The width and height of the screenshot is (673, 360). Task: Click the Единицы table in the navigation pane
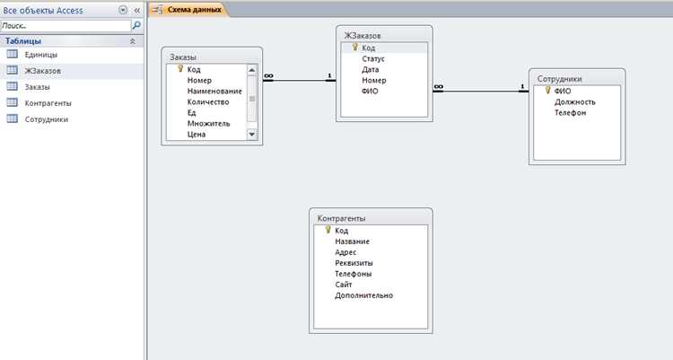pos(40,55)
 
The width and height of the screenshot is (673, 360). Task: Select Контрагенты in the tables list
pos(48,103)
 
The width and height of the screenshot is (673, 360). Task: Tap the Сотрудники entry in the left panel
pos(47,119)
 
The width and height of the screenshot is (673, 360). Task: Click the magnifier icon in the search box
pos(136,25)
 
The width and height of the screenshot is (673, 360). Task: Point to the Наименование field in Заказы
pos(214,91)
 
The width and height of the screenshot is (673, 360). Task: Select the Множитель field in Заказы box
pos(208,123)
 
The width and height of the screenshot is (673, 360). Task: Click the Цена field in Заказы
pos(197,134)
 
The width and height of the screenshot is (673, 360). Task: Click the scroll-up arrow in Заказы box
pos(252,70)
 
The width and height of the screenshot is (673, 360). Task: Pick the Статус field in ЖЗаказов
pos(373,59)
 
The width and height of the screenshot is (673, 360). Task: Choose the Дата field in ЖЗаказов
pos(370,70)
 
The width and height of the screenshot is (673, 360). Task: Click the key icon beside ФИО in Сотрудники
pos(547,90)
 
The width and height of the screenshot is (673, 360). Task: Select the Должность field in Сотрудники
pos(574,101)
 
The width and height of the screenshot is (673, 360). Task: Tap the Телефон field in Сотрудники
pos(570,112)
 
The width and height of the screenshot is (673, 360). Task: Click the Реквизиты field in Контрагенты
pos(354,263)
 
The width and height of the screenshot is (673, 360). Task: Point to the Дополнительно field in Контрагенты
pos(363,295)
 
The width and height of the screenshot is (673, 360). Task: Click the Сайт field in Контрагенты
pos(344,285)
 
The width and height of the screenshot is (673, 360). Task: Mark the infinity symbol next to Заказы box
pos(268,76)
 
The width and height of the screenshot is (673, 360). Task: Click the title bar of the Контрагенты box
pos(371,218)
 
